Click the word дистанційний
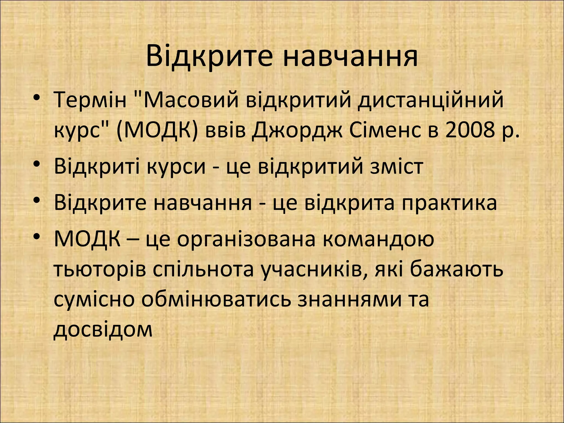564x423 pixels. (430, 100)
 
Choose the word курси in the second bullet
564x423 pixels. (176, 167)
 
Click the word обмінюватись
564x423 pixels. (216, 300)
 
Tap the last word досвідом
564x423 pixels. (103, 329)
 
